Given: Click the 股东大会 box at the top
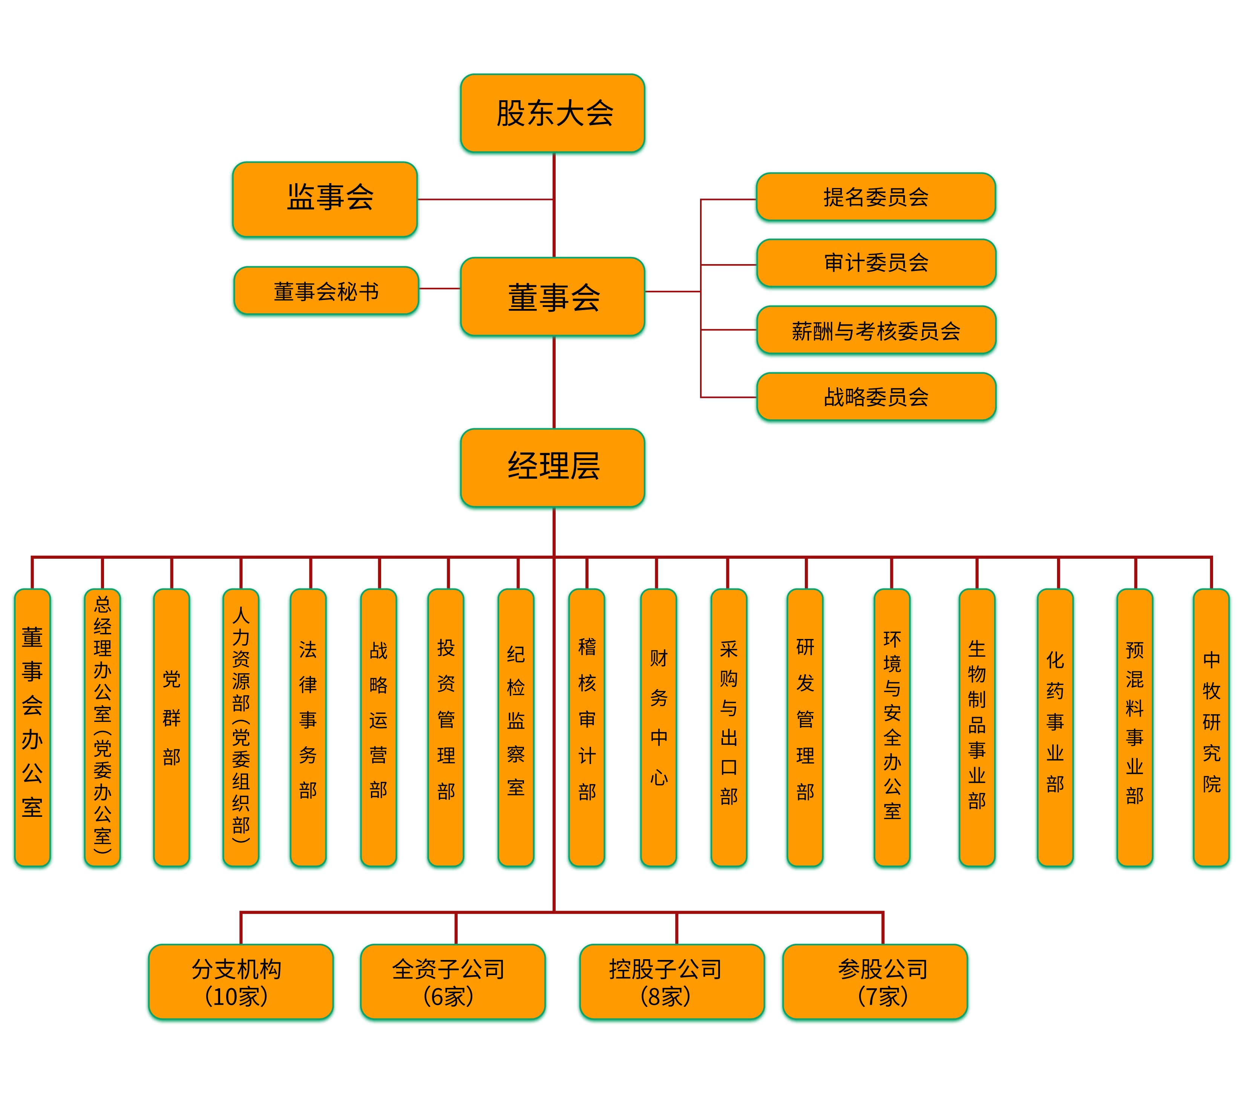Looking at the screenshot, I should tap(553, 113).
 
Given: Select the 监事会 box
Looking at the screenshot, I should tap(325, 199).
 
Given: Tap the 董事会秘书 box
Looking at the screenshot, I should tap(326, 291).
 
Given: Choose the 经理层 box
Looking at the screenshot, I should tap(553, 468).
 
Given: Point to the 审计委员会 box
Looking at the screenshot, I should tap(876, 263).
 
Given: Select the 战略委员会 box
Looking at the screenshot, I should tap(876, 397).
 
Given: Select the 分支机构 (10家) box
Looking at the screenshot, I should tap(241, 981).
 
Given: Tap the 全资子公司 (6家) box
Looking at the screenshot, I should tap(453, 981).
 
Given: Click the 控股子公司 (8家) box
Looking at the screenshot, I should tap(672, 981).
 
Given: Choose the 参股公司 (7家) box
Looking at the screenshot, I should tap(875, 981).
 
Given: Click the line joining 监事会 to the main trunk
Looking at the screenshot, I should tap(485, 199).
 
